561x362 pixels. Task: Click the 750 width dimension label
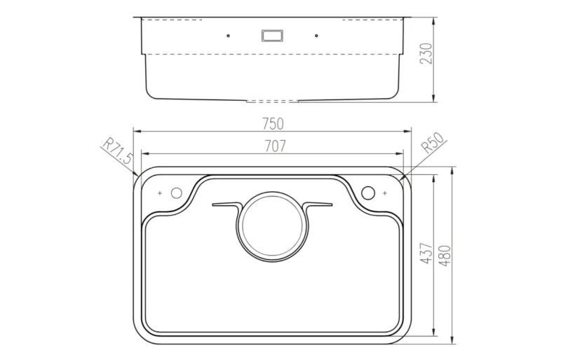(x=273, y=124)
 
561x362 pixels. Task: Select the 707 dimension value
(x=275, y=146)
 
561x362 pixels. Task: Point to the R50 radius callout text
(x=433, y=143)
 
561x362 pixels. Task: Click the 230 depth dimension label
(x=426, y=54)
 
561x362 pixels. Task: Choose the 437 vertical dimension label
(x=426, y=253)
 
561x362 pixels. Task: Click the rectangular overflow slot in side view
(x=272, y=36)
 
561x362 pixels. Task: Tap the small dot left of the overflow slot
(x=229, y=36)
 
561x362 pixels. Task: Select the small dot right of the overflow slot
(x=316, y=36)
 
